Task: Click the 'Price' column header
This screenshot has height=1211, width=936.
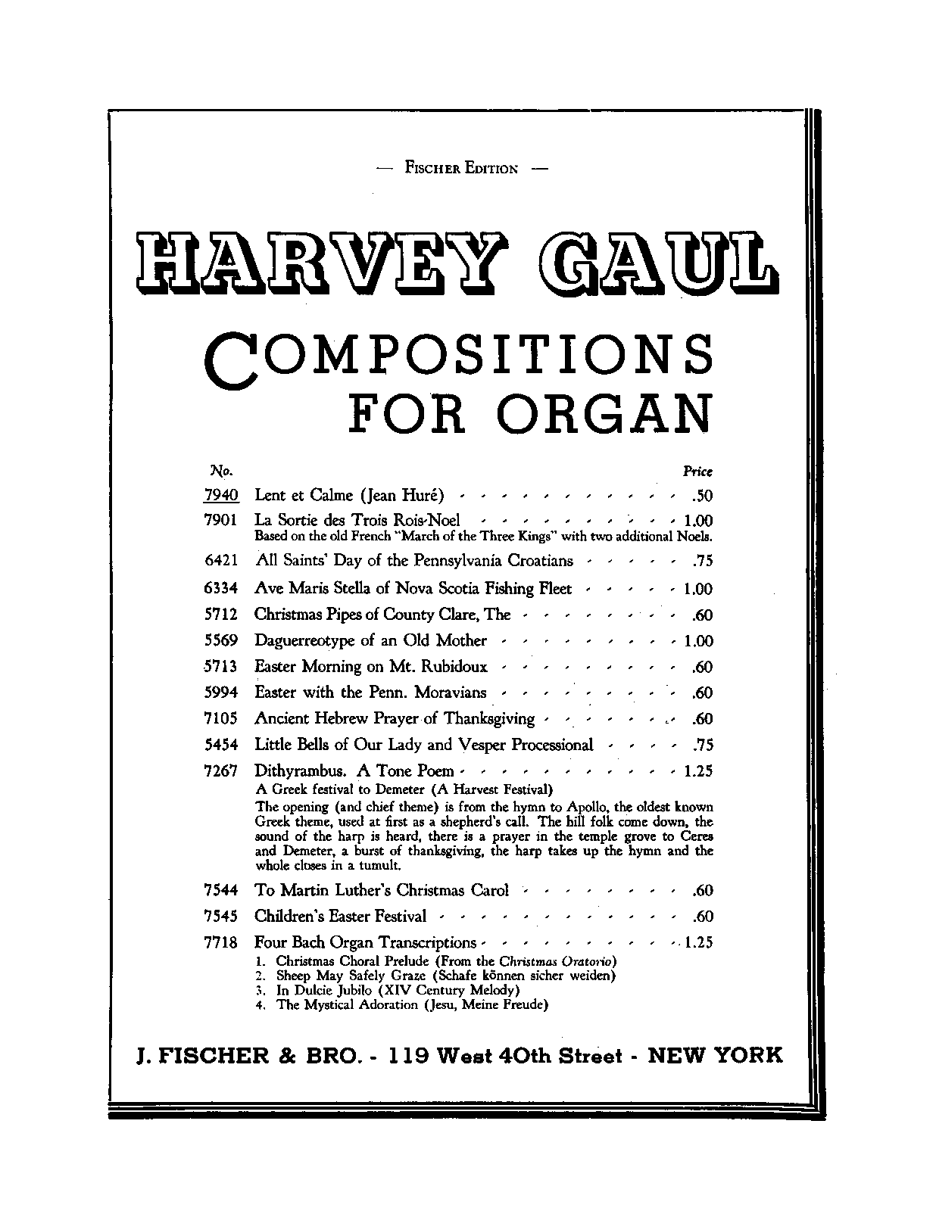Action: tap(697, 472)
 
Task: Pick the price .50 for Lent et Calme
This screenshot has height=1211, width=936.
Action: tap(702, 497)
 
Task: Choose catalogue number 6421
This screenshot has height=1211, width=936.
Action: tap(221, 562)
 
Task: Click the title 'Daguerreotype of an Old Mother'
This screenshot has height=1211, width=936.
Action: tap(370, 641)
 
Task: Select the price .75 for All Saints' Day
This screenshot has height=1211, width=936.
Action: tap(702, 562)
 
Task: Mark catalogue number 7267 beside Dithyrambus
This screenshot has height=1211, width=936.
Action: tap(221, 771)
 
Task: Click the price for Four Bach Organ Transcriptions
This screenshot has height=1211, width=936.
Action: tap(697, 943)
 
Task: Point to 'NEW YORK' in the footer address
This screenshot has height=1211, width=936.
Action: tap(715, 1056)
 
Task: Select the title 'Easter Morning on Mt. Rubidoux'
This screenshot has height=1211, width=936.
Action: tap(371, 667)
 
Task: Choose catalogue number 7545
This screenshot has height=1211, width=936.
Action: tap(221, 917)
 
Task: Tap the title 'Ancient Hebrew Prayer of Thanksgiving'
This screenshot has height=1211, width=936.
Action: tap(395, 719)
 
